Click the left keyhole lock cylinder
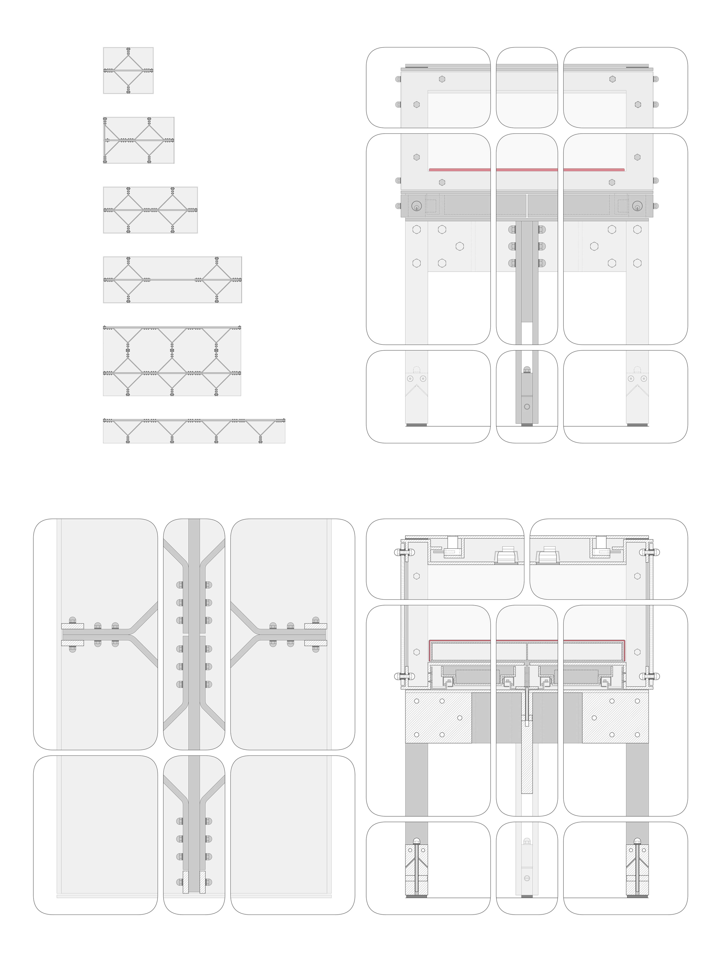[416, 206]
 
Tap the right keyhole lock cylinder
[637, 206]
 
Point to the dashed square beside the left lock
[431, 206]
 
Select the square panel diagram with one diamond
[128, 71]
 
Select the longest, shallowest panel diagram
[194, 431]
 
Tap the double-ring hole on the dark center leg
[527, 407]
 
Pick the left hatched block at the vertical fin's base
[185, 882]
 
